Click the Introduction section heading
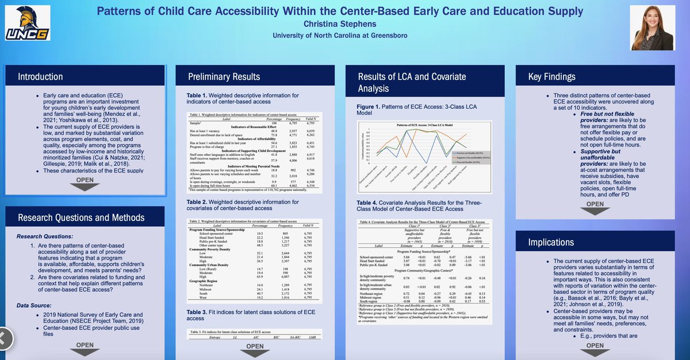click(x=40, y=76)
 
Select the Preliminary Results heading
click(x=224, y=76)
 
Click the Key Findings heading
click(x=551, y=76)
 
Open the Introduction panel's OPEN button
click(x=85, y=180)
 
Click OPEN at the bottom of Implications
click(x=596, y=346)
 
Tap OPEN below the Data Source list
click(x=85, y=345)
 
